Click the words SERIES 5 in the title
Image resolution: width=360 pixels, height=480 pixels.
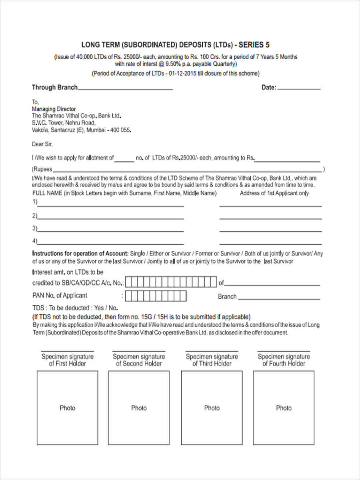[x=254, y=45]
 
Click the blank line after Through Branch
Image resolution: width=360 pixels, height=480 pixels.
[x=125, y=89]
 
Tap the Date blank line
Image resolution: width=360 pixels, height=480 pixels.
[x=299, y=88]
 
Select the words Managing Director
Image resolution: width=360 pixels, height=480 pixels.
[x=54, y=109]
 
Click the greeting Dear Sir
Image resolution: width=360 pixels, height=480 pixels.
[x=42, y=144]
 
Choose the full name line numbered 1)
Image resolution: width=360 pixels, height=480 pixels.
[x=110, y=206]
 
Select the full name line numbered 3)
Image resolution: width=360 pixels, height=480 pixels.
[x=110, y=231]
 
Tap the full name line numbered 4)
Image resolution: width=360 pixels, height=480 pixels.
[x=110, y=243]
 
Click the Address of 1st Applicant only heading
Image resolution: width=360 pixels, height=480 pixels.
[x=274, y=193]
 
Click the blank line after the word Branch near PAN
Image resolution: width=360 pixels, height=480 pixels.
[x=279, y=298]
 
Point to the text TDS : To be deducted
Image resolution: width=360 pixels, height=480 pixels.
[x=61, y=308]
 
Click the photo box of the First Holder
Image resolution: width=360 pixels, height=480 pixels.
[x=68, y=408]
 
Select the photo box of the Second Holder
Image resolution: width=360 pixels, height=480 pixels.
[x=139, y=408]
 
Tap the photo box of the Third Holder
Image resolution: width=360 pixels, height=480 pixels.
[x=212, y=408]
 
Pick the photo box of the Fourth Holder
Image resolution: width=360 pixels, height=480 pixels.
[x=284, y=408]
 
